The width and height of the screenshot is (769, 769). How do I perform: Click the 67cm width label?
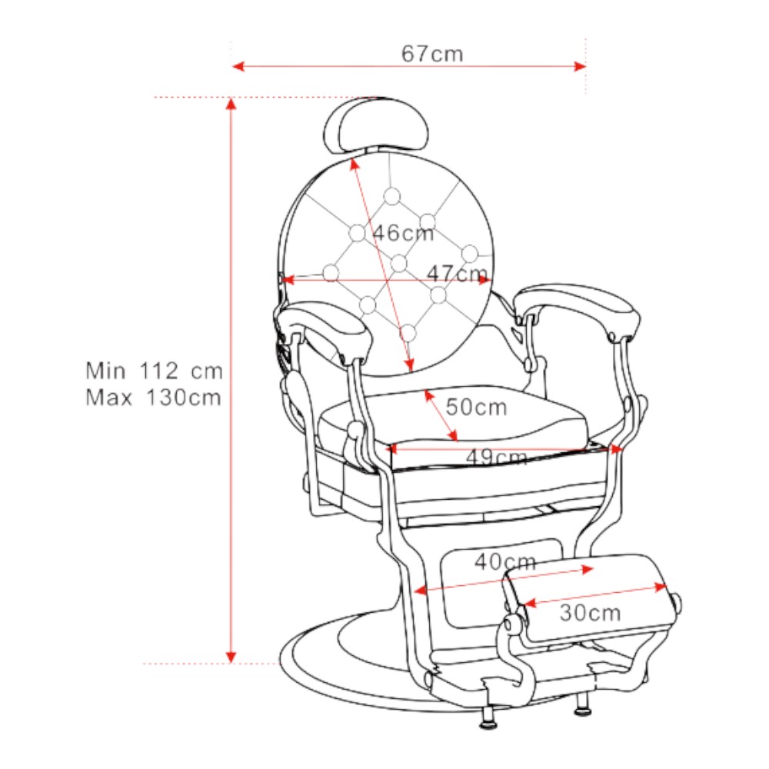[x=432, y=54]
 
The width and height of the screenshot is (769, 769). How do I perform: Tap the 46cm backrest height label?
[x=403, y=233]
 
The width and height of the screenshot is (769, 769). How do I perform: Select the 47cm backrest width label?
[x=457, y=273]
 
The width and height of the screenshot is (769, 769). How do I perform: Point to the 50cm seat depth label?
[x=476, y=407]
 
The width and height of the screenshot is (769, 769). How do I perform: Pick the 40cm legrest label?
[x=505, y=561]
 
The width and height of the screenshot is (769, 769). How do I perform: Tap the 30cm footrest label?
[x=590, y=613]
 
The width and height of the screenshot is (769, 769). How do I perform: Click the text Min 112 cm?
[x=154, y=371]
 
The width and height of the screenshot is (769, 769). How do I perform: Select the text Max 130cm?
[x=153, y=398]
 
